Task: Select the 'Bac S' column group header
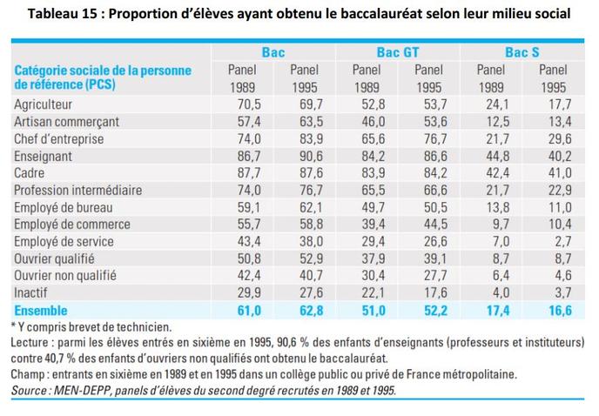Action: pos(522,52)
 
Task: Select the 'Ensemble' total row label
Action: pos(42,310)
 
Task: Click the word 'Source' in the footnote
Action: pos(32,392)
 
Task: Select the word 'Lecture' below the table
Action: pos(33,343)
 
